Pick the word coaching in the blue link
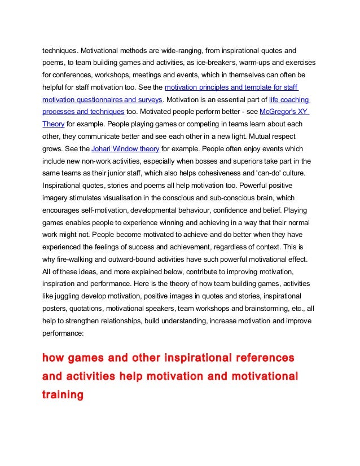coord(289,99)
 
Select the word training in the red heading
coord(63,394)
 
